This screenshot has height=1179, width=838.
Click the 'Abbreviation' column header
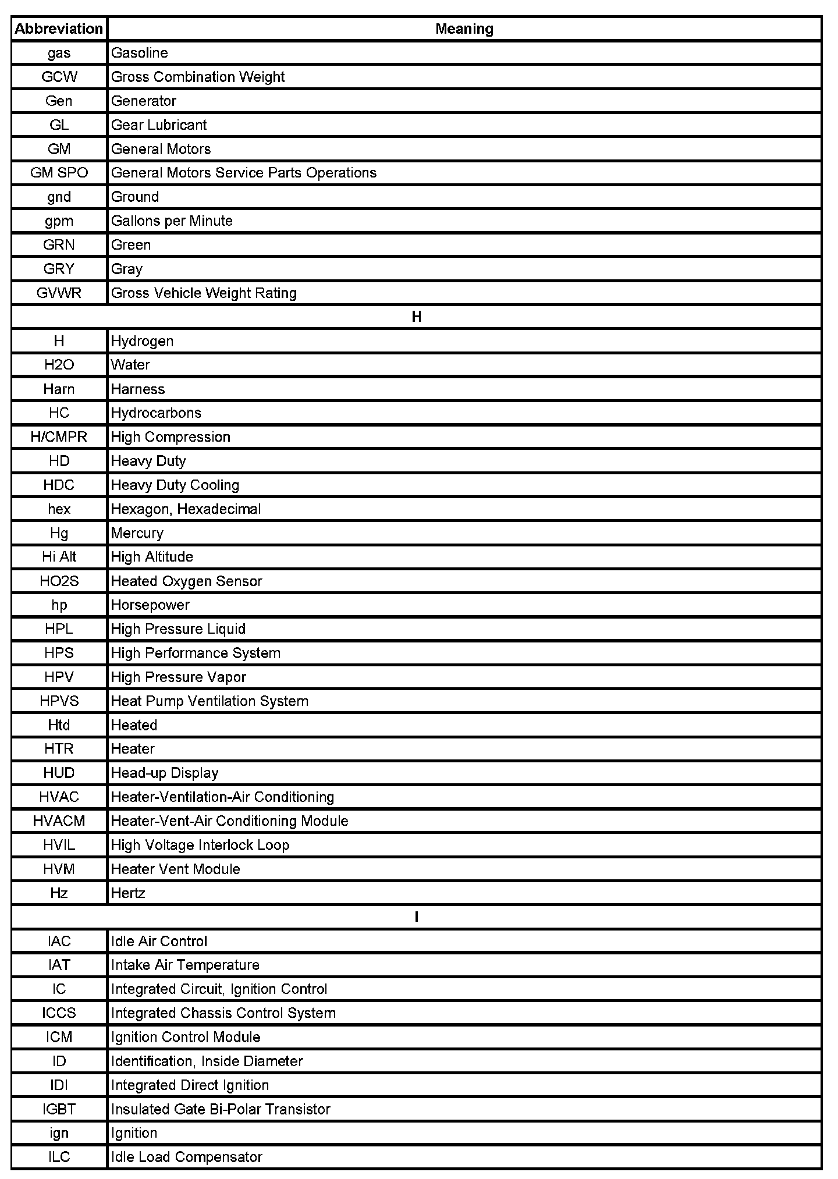click(x=59, y=29)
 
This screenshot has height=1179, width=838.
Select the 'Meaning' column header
click(x=464, y=29)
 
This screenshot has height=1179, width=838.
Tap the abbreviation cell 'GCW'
click(x=59, y=77)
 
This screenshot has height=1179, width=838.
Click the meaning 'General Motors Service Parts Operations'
click(x=243, y=173)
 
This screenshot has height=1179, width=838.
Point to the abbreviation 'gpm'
click(x=59, y=221)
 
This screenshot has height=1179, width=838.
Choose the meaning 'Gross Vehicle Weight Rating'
click(x=204, y=293)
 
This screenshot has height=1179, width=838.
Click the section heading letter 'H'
click(x=416, y=317)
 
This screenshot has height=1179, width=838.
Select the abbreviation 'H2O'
click(x=59, y=365)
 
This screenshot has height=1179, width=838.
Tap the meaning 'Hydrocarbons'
click(x=156, y=413)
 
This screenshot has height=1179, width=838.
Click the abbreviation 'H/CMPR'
click(x=59, y=437)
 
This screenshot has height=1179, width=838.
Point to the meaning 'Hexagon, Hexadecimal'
click(x=186, y=509)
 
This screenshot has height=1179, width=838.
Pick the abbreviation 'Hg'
click(x=59, y=533)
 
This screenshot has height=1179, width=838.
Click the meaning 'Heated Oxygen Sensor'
click(x=186, y=581)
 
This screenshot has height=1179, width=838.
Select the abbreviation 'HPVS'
click(x=59, y=701)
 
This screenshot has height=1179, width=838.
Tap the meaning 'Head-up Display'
click(x=165, y=773)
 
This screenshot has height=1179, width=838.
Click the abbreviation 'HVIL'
click(x=59, y=845)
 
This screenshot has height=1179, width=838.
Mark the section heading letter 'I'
click(x=416, y=917)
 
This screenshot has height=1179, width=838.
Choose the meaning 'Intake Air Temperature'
click(x=185, y=965)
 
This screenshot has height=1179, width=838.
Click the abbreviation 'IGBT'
click(x=59, y=1109)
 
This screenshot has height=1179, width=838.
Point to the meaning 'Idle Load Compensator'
click(x=186, y=1157)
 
